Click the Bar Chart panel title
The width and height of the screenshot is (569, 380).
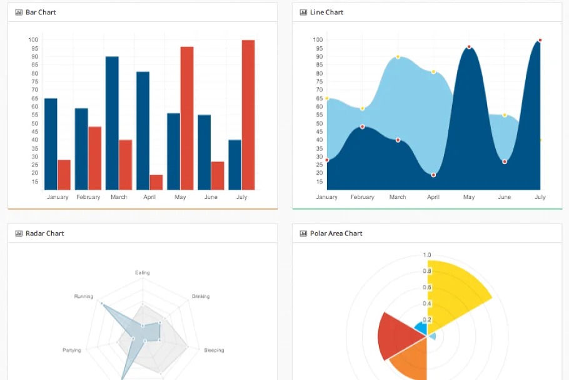41,13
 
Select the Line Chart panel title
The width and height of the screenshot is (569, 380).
326,13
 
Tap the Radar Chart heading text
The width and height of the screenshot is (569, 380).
44,234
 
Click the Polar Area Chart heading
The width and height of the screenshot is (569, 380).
336,234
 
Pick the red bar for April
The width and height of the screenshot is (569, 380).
156,182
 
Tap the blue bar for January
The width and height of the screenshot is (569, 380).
51,144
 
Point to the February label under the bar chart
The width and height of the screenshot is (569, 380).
88,197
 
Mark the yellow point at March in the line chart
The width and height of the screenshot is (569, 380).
398,57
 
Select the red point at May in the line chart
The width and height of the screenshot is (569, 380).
469,47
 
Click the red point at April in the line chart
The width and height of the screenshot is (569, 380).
433,175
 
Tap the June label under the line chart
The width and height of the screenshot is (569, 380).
504,197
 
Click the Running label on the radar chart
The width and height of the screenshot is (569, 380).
83,297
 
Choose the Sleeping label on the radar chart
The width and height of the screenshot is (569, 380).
214,351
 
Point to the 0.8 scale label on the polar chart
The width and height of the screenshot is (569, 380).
427,271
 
